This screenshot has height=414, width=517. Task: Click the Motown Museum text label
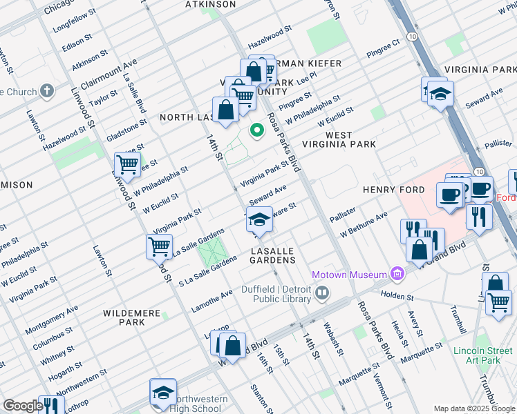tap(349, 275)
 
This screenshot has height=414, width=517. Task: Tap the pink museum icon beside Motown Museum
tap(397, 275)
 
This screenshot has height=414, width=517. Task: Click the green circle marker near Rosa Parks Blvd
tap(257, 130)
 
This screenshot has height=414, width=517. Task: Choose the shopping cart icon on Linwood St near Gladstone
tap(127, 164)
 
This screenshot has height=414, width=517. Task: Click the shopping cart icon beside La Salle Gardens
tap(159, 246)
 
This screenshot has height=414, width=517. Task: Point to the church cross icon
tap(46, 91)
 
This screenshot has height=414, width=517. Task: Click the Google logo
tap(22, 406)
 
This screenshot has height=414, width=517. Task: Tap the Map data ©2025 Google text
tap(474, 408)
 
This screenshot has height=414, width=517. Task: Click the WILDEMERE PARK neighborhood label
tap(132, 317)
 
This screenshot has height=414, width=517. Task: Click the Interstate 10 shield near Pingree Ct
tap(411, 34)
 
